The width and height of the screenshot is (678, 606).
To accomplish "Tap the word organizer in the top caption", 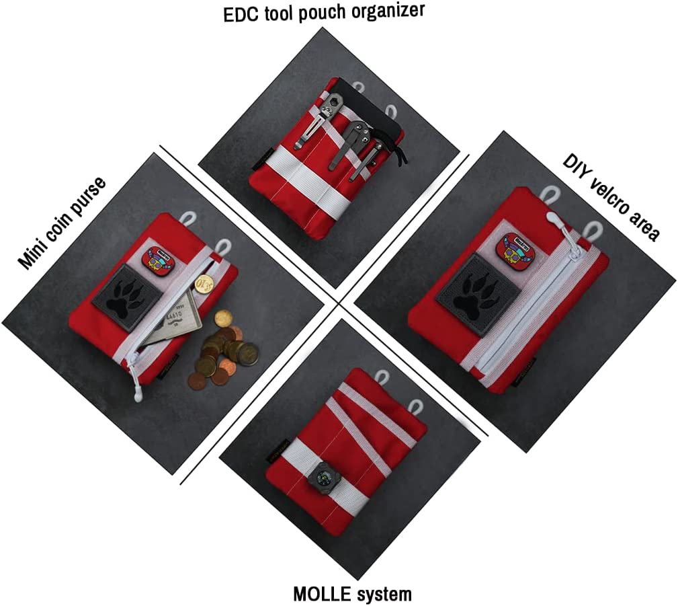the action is click(388, 10).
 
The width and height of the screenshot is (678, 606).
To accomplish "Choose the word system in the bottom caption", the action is click(380, 594).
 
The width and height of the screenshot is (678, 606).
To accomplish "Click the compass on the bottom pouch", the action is click(323, 478).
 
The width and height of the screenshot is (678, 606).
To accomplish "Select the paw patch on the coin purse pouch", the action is click(127, 297).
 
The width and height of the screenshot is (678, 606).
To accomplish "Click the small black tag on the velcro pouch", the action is click(525, 373).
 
